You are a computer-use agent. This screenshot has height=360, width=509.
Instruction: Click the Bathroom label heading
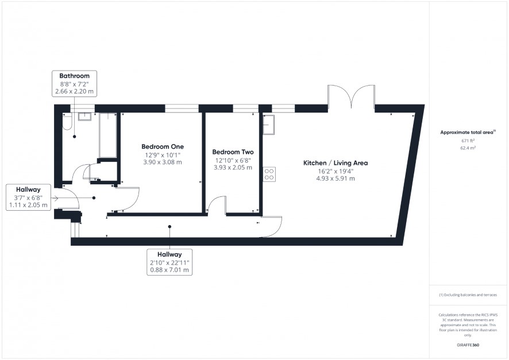[74, 76]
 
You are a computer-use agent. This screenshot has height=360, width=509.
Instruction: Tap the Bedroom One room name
[163, 146]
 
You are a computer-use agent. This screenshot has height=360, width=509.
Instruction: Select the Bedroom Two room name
[233, 152]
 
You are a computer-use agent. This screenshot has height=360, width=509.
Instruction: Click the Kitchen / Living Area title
[336, 163]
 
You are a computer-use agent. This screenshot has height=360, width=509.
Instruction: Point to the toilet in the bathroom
[67, 122]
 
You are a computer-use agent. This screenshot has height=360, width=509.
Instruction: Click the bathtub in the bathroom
[108, 136]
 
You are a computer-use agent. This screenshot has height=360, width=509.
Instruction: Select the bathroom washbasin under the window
[85, 116]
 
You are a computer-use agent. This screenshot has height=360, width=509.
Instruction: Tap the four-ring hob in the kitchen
[269, 174]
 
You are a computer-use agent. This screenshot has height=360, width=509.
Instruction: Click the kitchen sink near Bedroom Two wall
[268, 125]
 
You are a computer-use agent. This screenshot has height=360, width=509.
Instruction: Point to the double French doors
[351, 96]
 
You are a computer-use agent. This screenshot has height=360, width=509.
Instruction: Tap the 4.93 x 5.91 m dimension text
[336, 179]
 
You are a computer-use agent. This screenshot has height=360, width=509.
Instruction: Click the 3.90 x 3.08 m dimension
[163, 162]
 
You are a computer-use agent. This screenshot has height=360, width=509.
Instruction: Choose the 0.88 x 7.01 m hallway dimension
[169, 270]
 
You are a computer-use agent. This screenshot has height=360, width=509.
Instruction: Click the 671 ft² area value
[468, 141]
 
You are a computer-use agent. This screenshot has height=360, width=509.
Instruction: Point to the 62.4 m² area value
[468, 148]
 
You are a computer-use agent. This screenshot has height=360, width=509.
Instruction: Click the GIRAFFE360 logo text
[468, 344]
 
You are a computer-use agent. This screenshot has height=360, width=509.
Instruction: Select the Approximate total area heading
[468, 132]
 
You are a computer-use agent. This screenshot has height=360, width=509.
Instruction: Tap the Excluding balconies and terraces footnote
[468, 295]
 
